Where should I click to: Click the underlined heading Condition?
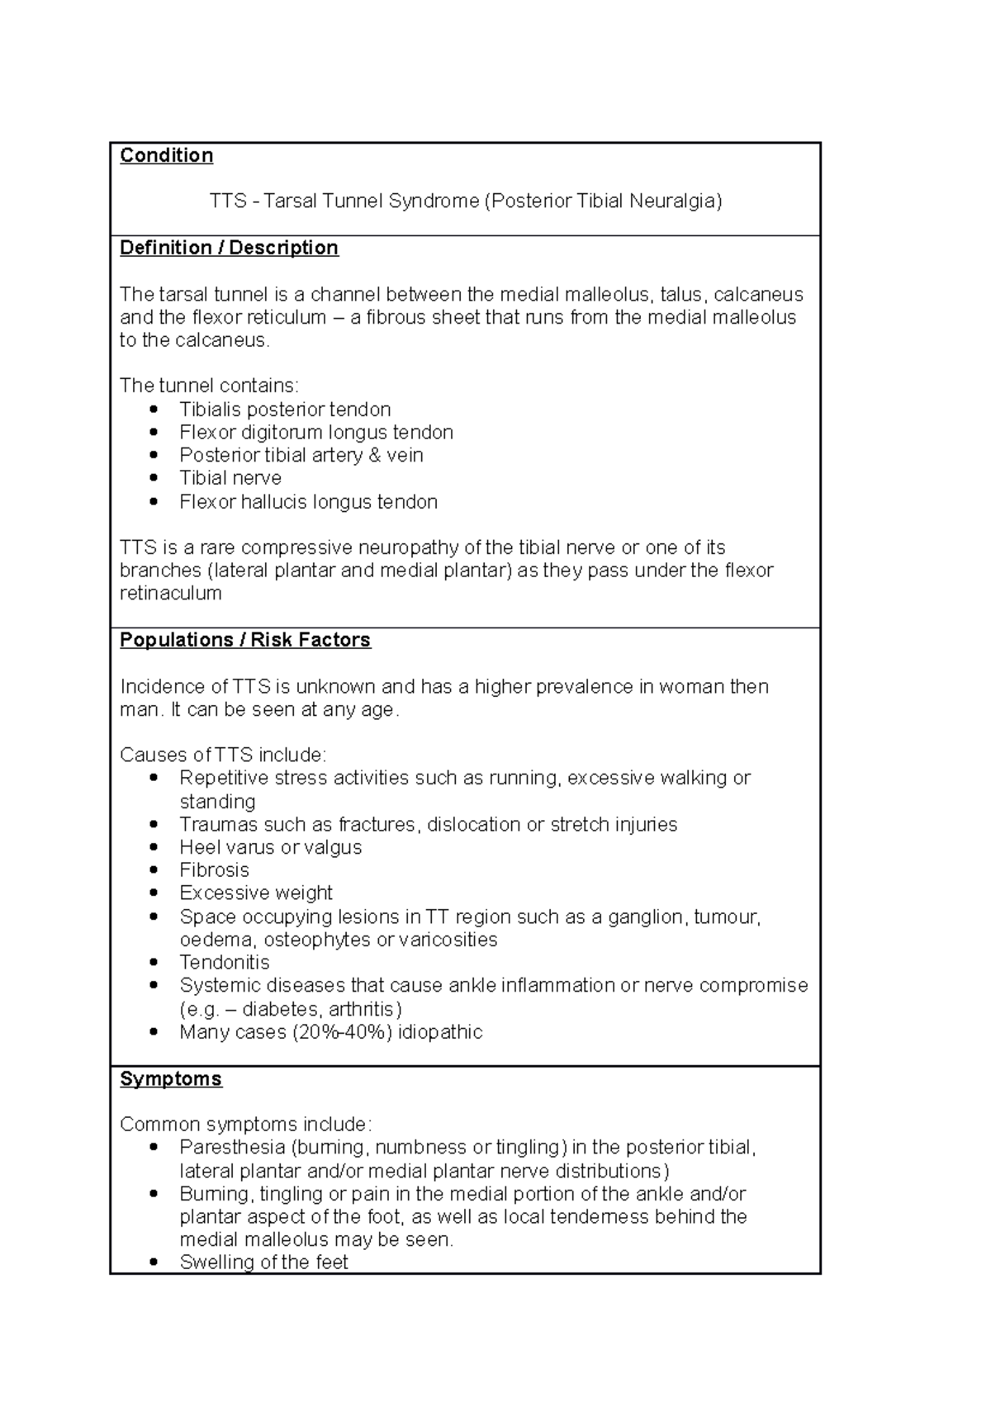(x=166, y=155)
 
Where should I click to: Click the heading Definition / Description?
(x=229, y=248)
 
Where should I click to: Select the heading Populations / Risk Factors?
(x=244, y=640)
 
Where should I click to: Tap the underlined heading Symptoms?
(x=170, y=1078)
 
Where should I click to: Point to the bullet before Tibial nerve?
(x=153, y=478)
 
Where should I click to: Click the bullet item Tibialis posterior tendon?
(x=285, y=410)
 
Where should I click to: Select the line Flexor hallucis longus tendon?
(x=308, y=502)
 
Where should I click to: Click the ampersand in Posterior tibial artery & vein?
(x=373, y=455)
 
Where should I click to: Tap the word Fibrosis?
(x=214, y=870)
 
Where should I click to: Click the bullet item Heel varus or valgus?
(x=270, y=847)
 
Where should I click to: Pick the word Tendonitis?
(x=224, y=962)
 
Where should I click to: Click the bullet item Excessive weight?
(x=255, y=893)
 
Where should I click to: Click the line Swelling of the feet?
(x=263, y=1262)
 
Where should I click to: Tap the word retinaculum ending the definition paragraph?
(x=170, y=594)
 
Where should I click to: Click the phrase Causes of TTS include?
(x=223, y=755)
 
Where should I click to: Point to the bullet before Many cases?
(x=153, y=1032)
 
